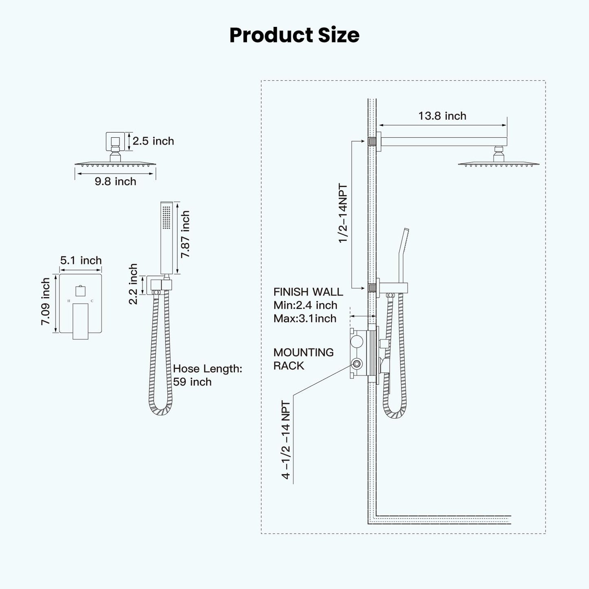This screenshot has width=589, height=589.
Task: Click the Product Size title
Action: pos(294,35)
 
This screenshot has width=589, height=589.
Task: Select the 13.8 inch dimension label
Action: pos(442,116)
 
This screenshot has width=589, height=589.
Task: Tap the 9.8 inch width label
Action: pos(115,181)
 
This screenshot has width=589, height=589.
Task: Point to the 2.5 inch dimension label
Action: pos(153,141)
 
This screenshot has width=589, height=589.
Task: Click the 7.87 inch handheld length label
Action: pos(185,234)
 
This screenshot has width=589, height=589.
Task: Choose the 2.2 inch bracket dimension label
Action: pos(133,284)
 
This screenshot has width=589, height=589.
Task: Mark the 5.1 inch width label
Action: pos(81,260)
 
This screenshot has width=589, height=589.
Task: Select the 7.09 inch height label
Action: pos(45,302)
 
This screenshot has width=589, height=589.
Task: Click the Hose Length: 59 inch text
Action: pos(207,375)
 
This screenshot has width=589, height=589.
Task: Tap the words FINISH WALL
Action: pos(308,292)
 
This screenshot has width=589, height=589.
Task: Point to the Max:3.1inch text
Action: pos(305,318)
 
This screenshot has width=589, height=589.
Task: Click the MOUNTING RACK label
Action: pos(303,359)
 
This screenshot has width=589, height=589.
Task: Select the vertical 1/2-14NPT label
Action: pos(343,214)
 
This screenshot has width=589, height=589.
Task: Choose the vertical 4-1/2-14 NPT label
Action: pos(286,440)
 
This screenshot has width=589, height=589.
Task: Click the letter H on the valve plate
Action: pos(69,301)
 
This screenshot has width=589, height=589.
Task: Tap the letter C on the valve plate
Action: pos(92,301)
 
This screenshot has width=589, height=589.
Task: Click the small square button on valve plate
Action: pos(80,291)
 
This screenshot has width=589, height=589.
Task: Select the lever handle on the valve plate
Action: pos(80,321)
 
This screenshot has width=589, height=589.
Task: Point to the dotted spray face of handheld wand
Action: pos(166,218)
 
